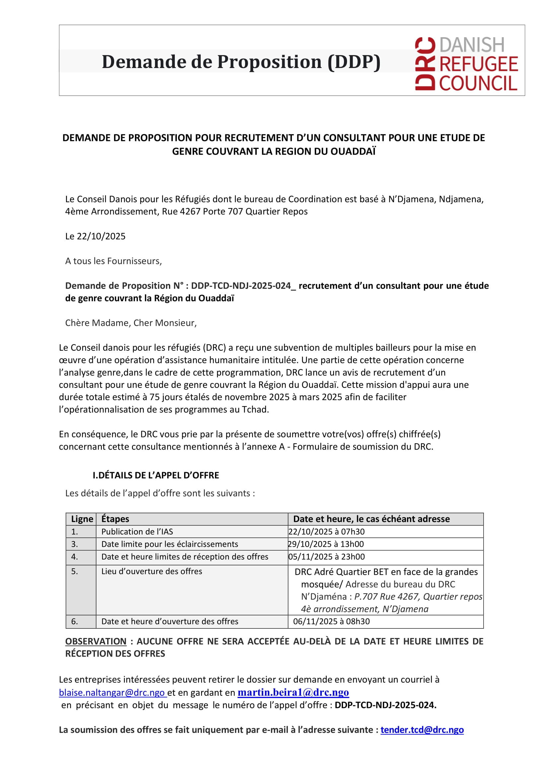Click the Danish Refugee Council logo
tap(466, 64)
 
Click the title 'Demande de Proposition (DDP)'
tap(241, 62)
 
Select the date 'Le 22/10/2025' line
tap(95, 236)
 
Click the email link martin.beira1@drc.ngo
tap(293, 692)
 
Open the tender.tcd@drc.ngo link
tap(422, 730)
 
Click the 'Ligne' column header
tap(82, 519)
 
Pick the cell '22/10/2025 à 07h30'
tap(326, 531)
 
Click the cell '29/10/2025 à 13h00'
tap(326, 544)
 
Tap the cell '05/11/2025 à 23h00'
tap(326, 557)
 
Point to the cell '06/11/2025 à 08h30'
tap(331, 621)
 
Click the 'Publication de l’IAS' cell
tap(137, 531)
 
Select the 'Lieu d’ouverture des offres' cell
tap(152, 571)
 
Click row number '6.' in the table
tap(74, 621)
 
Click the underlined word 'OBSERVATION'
tap(96, 641)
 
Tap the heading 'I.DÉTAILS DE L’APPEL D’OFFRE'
tap(156, 475)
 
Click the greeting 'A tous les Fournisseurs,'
tap(113, 261)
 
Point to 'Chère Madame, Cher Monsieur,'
tap(131, 323)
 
